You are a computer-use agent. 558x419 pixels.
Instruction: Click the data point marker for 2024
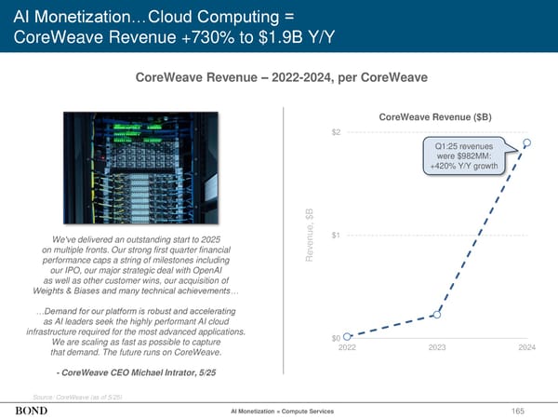click(x=527, y=142)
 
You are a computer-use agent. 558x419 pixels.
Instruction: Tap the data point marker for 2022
click(x=347, y=335)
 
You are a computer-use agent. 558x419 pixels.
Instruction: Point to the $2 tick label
click(x=336, y=131)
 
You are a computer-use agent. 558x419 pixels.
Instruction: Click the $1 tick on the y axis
click(x=336, y=234)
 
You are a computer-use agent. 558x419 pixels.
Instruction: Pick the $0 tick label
click(x=336, y=337)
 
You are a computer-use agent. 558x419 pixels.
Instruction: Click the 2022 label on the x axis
click(x=347, y=347)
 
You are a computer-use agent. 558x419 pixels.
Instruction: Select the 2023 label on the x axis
click(x=437, y=347)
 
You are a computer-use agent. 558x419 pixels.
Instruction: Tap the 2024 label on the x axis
click(x=526, y=347)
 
